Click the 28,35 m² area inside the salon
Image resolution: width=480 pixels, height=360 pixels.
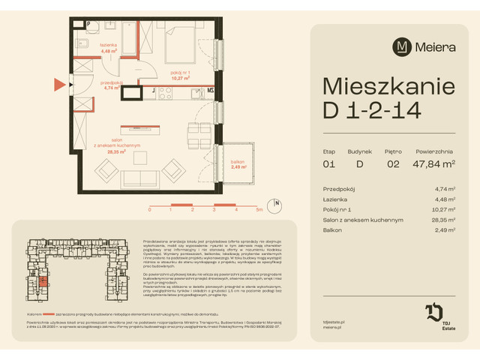(x=115, y=151)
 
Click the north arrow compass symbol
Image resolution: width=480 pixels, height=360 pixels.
(x=277, y=203)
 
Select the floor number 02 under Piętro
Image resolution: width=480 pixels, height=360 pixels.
(x=391, y=163)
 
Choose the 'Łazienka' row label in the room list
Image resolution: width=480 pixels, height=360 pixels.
(x=335, y=199)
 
